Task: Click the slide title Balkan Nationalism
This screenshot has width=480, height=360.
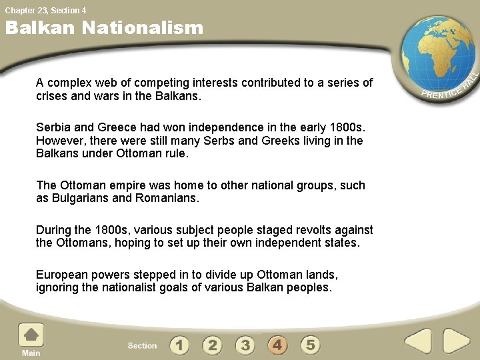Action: point(104,28)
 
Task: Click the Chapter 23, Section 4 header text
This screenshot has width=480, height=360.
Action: point(45,10)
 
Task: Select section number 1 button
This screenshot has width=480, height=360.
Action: point(179,345)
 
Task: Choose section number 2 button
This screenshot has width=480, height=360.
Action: point(212,345)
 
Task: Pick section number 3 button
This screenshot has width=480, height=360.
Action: point(245,345)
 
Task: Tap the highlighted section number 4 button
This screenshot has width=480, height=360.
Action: point(278,345)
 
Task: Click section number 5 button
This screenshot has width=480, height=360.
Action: point(310,345)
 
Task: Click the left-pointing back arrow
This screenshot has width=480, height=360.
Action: point(419,341)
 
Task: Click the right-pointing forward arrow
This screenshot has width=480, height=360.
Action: point(457,341)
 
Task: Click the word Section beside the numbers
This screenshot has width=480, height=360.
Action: point(142,345)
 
